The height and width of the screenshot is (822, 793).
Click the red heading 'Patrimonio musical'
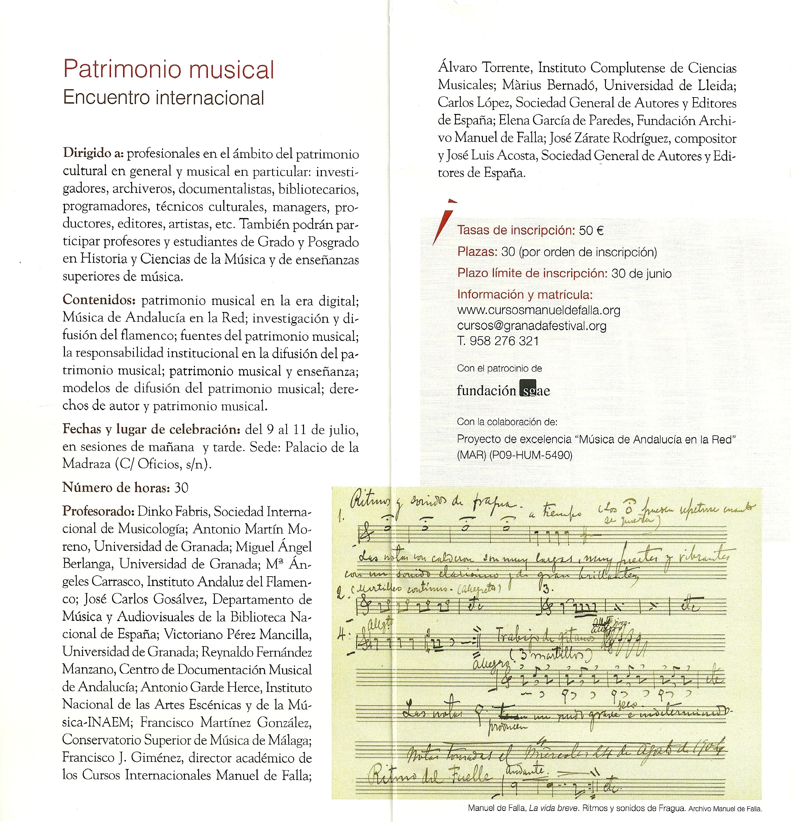(x=168, y=70)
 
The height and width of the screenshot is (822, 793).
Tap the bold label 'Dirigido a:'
(x=93, y=153)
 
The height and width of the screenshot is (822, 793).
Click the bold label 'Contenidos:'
(x=99, y=300)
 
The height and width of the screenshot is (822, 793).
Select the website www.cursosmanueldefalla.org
(x=538, y=310)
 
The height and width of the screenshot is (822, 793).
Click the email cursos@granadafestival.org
(x=532, y=326)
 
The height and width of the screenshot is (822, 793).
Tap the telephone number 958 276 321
(x=504, y=341)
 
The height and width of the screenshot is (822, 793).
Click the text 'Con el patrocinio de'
(x=499, y=368)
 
